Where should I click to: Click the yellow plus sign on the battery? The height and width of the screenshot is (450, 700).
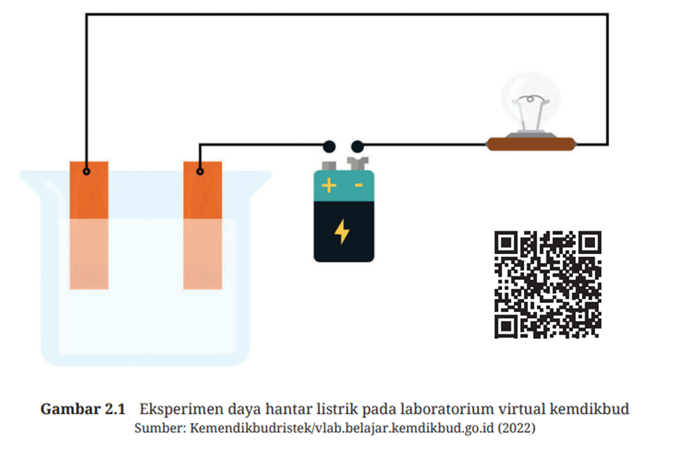click(329, 185)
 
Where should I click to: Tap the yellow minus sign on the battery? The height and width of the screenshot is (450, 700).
click(358, 185)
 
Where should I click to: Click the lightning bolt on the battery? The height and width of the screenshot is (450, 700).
click(342, 231)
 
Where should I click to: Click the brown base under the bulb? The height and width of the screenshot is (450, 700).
click(531, 144)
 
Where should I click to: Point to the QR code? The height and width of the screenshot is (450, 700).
click(548, 284)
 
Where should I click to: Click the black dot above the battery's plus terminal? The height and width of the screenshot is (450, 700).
click(329, 146)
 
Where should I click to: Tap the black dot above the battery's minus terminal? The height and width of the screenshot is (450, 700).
click(357, 146)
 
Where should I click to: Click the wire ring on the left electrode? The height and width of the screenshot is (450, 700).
click(87, 172)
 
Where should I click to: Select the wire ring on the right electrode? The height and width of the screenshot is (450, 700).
click(200, 172)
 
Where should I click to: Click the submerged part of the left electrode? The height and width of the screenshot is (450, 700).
click(89, 253)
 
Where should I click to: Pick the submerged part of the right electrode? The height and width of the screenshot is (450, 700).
click(202, 253)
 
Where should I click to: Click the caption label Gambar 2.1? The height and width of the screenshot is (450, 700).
click(83, 409)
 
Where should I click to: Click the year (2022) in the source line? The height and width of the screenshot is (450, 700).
click(516, 428)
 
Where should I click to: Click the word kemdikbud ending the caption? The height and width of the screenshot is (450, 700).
click(589, 409)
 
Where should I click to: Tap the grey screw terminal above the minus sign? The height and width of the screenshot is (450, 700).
click(358, 164)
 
